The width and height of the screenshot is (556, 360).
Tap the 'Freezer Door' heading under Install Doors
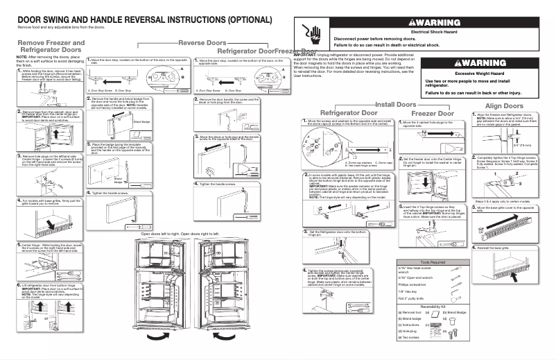point(433,112)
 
